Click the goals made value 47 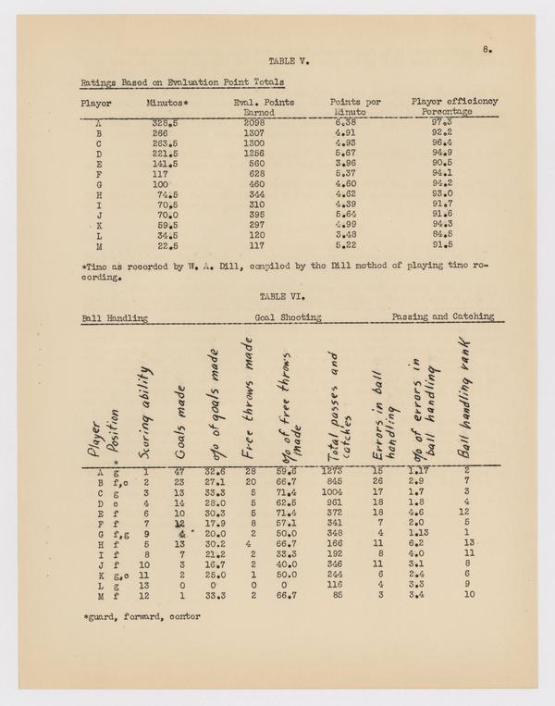[x=182, y=471]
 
